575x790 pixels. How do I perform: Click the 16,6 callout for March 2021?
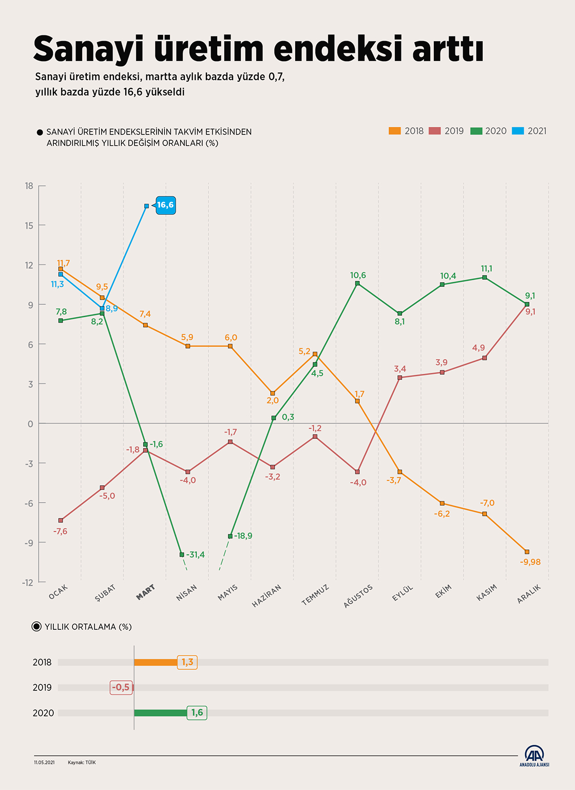coord(165,205)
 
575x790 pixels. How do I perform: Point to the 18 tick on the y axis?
coord(29,186)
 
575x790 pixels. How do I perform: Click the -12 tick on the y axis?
coord(28,582)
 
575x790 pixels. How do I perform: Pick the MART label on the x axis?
coord(145,592)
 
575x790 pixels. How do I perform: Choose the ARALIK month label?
coord(529,594)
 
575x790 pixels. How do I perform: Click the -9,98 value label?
coord(530,562)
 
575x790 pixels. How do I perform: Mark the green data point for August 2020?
coord(357,283)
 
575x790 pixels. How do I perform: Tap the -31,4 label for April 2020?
coord(195,555)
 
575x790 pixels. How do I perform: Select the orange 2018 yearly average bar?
coord(156,662)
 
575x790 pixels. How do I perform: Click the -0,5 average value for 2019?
coord(121,687)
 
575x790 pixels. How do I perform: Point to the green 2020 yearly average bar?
coord(160,712)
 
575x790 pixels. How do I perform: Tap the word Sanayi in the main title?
coord(89,49)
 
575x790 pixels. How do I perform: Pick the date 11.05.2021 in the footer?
coord(44,762)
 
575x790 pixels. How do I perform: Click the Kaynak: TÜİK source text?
coord(82,762)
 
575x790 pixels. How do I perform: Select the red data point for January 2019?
coord(61,521)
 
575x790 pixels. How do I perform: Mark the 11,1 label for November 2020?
coord(487,269)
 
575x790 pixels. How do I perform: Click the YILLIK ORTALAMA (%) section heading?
coord(88,627)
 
